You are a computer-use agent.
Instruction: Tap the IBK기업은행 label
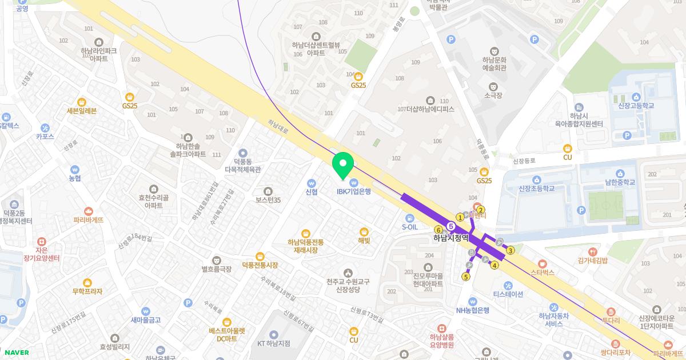[353, 191]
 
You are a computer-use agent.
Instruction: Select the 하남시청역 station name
[450, 238]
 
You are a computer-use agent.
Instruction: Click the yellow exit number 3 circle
[510, 250]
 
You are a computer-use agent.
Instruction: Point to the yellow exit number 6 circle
[438, 230]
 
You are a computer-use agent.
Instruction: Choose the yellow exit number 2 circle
[481, 210]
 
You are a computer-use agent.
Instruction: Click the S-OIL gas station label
[410, 227]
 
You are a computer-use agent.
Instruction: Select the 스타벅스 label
[543, 273]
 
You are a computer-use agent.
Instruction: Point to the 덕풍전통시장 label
[260, 265]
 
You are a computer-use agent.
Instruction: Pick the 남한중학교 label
[620, 182]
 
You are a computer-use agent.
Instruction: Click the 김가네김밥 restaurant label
[592, 260]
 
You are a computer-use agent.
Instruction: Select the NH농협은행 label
[472, 310]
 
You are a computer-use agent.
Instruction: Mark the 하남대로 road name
[279, 126]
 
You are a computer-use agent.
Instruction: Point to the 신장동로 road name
[524, 161]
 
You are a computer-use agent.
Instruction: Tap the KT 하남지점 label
[273, 343]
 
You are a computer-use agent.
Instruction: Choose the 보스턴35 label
[268, 200]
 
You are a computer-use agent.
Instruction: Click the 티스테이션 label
[508, 294]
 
